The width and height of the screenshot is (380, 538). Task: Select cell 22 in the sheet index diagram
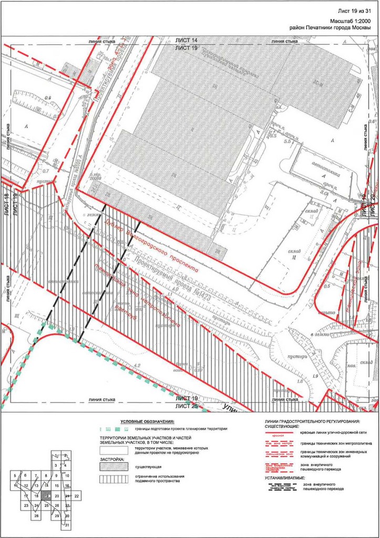(x=77, y=495)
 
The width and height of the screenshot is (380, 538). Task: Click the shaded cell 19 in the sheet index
(x=47, y=495)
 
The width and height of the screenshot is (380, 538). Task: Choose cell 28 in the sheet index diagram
(x=37, y=515)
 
